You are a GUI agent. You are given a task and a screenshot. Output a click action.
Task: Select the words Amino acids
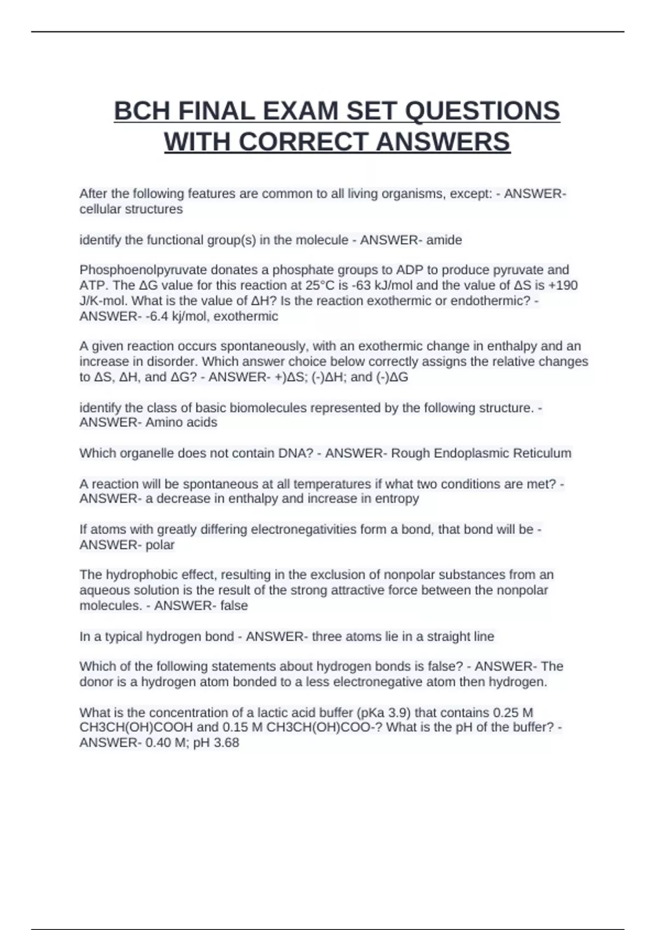[181, 422]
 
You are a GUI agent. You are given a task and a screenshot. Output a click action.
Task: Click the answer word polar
[160, 545]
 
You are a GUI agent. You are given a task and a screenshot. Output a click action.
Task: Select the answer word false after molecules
[234, 606]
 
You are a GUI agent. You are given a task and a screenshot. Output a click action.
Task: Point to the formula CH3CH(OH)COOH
[136, 728]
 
